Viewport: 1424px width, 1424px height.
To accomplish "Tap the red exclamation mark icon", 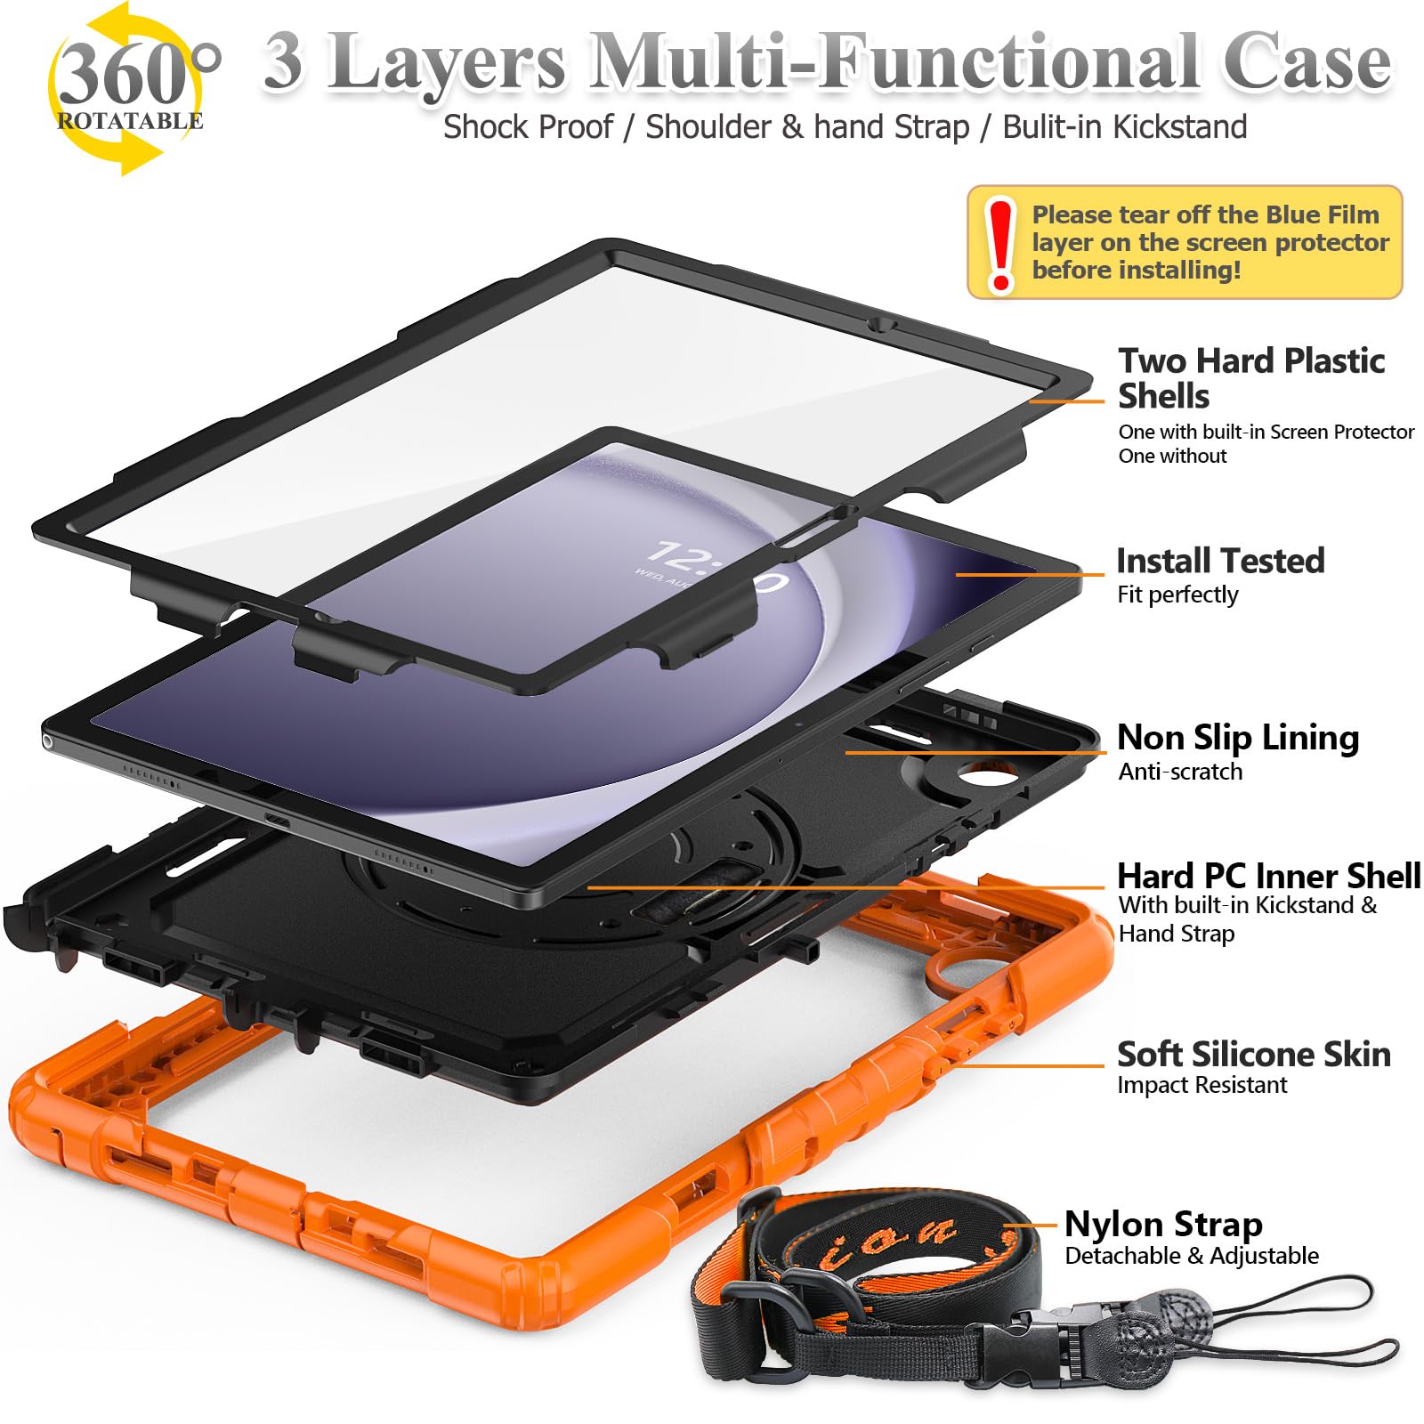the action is (x=1001, y=244).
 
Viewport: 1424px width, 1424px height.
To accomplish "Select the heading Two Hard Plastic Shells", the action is (x=1250, y=378).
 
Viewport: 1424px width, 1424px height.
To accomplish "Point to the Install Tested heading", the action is (x=1220, y=561).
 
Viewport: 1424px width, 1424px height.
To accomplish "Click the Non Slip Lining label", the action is (x=1237, y=737).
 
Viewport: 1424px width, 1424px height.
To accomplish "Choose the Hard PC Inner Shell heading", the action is (x=1268, y=876).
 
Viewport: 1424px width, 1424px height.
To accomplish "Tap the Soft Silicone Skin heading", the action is (x=1253, y=1054).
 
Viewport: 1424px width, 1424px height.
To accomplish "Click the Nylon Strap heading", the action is (x=1163, y=1224).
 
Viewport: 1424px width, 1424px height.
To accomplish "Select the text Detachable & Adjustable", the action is (x=1191, y=1256).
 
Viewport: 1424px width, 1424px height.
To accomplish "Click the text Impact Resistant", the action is (x=1201, y=1085).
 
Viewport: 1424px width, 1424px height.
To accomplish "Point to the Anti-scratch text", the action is (x=1180, y=772).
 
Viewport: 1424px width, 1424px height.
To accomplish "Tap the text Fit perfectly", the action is (x=1177, y=595).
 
